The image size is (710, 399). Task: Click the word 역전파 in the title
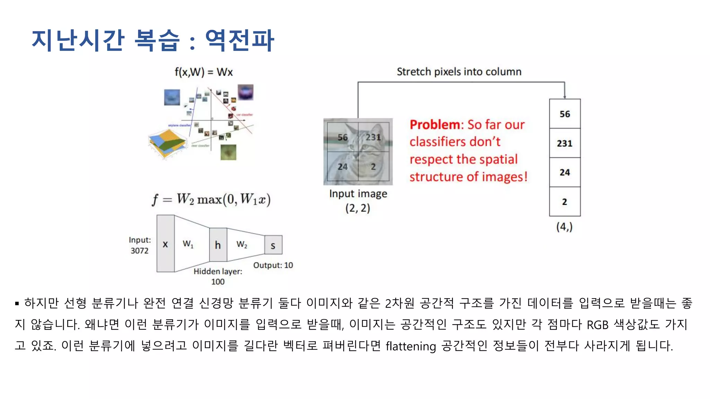click(x=240, y=41)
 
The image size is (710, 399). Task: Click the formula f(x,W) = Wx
click(x=204, y=72)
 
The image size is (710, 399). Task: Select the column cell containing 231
click(x=564, y=143)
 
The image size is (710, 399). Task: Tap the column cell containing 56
click(x=564, y=114)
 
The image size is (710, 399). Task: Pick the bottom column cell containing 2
click(x=564, y=202)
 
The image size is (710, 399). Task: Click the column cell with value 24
click(x=564, y=172)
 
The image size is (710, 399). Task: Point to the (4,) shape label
click(x=564, y=227)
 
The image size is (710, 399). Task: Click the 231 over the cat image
click(x=373, y=137)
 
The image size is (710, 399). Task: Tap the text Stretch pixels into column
click(x=459, y=72)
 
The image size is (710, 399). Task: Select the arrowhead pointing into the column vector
click(x=564, y=96)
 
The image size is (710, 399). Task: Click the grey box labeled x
click(x=165, y=244)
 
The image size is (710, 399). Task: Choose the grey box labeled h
click(x=218, y=245)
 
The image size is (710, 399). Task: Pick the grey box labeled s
click(x=273, y=245)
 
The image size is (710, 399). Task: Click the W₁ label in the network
click(x=188, y=244)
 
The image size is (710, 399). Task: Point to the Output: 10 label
click(x=273, y=265)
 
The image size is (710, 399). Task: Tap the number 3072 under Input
click(x=139, y=251)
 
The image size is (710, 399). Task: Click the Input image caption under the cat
click(x=358, y=194)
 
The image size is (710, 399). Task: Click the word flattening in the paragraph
click(x=411, y=346)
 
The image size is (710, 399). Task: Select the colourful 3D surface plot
click(x=167, y=143)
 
